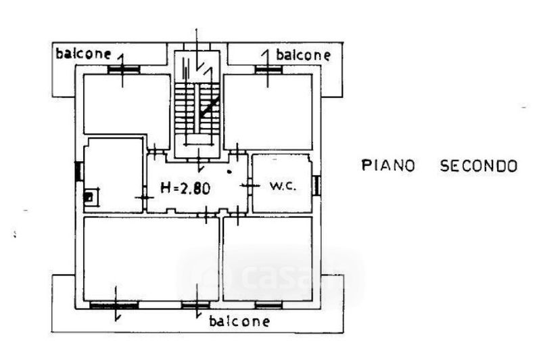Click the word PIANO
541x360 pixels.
[x=387, y=165]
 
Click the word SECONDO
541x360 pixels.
[x=479, y=165]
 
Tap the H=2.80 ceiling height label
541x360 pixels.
[x=185, y=188]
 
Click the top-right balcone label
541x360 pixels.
[x=304, y=54]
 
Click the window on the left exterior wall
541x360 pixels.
[x=78, y=172]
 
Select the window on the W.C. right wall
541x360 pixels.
[x=316, y=184]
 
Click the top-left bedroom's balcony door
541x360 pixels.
[x=122, y=70]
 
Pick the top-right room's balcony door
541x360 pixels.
[x=268, y=70]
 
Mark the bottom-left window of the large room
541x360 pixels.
[x=114, y=305]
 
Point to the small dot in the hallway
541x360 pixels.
[x=230, y=172]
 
